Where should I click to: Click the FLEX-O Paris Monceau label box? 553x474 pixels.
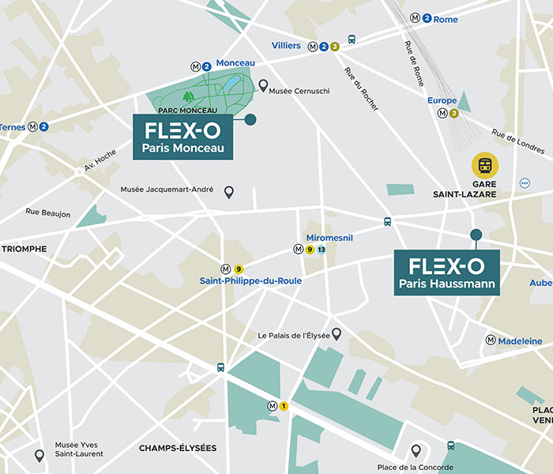point(183,137)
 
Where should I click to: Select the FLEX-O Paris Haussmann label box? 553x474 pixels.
point(446,273)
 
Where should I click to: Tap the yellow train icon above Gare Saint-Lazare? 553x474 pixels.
point(485,166)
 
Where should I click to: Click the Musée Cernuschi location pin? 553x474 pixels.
point(263,85)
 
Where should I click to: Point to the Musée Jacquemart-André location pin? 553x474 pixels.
point(229,192)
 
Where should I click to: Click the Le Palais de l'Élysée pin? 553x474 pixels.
point(336,334)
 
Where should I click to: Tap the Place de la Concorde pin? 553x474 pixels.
point(416,450)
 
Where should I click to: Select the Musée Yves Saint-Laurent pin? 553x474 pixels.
point(39,455)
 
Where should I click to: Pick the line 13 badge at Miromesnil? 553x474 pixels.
point(322,250)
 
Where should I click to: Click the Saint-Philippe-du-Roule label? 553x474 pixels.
point(250,280)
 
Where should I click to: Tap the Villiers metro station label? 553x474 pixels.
point(286,46)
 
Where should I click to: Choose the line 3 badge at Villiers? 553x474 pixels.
point(335,47)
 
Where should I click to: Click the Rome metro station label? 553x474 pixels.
point(446,19)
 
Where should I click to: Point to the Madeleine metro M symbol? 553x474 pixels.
point(491,340)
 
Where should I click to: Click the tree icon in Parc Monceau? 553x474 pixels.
point(188,96)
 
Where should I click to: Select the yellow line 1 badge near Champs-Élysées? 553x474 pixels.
point(284,406)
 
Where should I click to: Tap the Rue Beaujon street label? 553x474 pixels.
point(47,213)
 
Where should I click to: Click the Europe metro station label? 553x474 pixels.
point(442,100)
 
